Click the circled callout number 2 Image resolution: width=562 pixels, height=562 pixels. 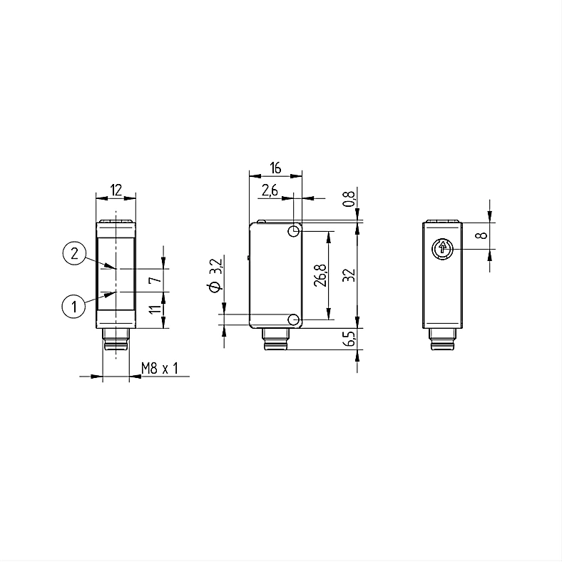pyautogui.click(x=74, y=253)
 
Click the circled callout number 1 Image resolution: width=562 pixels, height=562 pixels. pyautogui.click(x=74, y=307)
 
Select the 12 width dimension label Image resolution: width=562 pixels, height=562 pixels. pyautogui.click(x=116, y=190)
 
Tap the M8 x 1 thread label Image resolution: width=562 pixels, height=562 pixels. pyautogui.click(x=160, y=368)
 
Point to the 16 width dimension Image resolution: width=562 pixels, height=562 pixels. pyautogui.click(x=275, y=168)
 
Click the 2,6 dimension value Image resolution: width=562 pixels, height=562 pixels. pyautogui.click(x=270, y=190)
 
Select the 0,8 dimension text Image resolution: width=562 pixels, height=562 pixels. pyautogui.click(x=349, y=198)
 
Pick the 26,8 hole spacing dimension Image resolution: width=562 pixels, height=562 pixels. pyautogui.click(x=320, y=275)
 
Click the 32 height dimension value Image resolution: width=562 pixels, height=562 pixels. pyautogui.click(x=349, y=275)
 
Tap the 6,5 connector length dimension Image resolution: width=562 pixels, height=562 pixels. pyautogui.click(x=349, y=338)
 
